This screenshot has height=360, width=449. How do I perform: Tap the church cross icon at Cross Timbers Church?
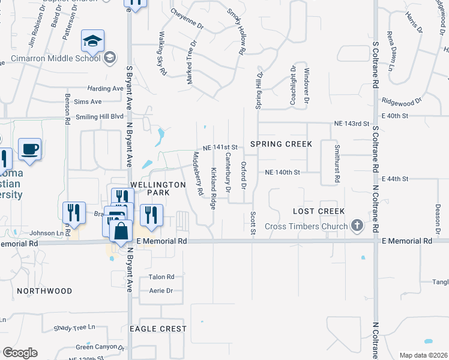pos(357,226)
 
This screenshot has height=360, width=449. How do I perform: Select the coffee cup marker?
pos(29,150)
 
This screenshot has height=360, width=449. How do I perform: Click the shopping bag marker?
pos(121,232)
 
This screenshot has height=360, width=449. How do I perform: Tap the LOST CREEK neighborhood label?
pos(319,211)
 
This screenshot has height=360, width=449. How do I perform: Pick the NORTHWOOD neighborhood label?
pos(44,291)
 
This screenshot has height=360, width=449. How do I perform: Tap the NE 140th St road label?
pos(282,172)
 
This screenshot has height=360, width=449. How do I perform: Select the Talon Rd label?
pos(161,277)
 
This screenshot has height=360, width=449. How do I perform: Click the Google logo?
pos(20,353)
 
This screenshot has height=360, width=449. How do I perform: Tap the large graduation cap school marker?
pos(92,41)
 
